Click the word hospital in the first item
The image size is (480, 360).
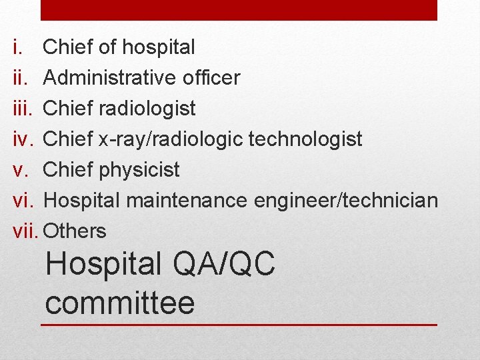point(160,47)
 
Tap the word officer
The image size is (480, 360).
point(208,78)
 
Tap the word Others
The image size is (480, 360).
point(74,231)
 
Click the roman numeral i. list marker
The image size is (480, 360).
point(17,47)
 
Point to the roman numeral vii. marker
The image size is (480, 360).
point(25,231)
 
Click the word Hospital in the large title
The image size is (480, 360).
point(103,265)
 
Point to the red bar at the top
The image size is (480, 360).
point(239,9)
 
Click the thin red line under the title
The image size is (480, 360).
point(239,325)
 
